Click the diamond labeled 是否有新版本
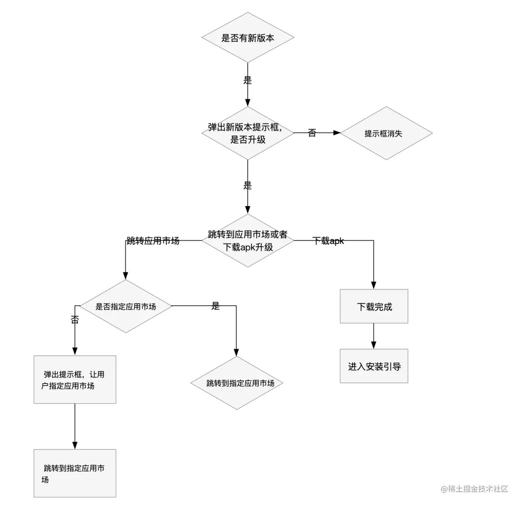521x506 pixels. tap(247, 37)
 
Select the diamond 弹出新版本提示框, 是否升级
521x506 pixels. tap(247, 133)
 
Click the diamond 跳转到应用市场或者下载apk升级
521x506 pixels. tap(247, 241)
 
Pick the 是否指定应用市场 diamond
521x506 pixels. tap(126, 306)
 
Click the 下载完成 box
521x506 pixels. tap(374, 306)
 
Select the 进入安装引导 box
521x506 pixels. tap(374, 366)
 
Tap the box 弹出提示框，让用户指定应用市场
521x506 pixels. tap(75, 379)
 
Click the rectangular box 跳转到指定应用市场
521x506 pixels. tap(75, 473)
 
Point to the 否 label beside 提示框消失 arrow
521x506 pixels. tap(312, 133)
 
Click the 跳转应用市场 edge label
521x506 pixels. tap(153, 241)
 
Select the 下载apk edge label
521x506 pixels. tap(328, 241)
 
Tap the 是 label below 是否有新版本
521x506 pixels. tap(247, 80)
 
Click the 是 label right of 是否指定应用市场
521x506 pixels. tap(216, 306)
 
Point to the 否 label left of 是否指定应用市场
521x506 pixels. tap(75, 320)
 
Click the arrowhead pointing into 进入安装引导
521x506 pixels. tap(374, 345)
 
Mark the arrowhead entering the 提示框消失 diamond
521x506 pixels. tap(337, 133)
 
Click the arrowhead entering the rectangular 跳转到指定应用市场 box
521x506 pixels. tap(75, 445)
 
